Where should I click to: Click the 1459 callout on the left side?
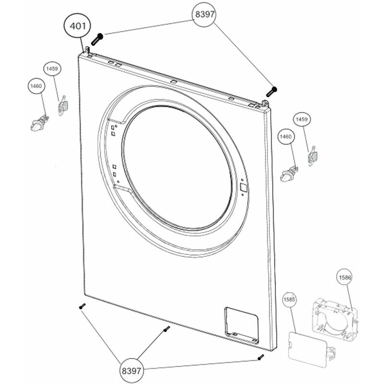tap(52, 70)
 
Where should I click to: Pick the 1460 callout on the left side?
tap(36, 86)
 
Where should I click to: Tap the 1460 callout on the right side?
tap(286, 137)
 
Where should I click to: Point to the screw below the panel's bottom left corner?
tap(82, 306)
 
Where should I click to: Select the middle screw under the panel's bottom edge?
tap(166, 329)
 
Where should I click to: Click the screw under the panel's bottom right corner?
tap(261, 357)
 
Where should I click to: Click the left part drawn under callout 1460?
tap(38, 123)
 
